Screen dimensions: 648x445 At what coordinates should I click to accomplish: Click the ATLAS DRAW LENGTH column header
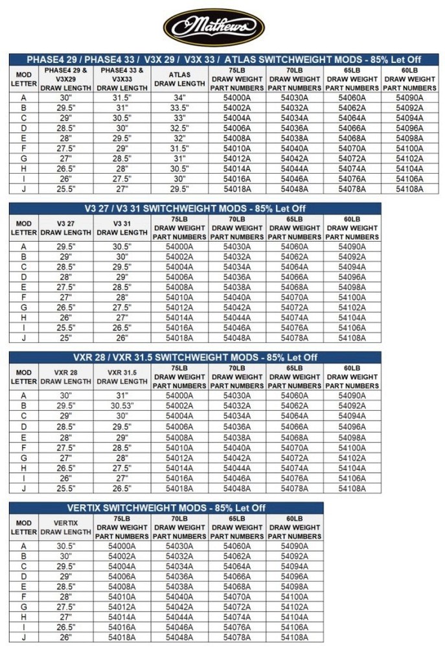tap(179, 79)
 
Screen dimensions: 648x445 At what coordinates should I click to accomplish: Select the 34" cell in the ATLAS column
tap(179, 98)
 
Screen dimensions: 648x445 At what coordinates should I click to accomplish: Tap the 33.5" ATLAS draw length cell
tap(179, 108)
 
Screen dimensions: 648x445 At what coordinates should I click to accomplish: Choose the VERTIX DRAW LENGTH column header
tap(65, 527)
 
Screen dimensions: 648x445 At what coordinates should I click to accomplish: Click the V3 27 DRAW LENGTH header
tap(65, 228)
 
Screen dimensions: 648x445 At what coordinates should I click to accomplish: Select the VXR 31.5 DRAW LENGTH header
tap(122, 377)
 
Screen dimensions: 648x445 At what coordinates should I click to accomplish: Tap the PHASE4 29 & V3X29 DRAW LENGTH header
tap(65, 79)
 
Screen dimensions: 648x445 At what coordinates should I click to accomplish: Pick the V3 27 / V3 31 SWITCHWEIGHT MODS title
tap(194, 209)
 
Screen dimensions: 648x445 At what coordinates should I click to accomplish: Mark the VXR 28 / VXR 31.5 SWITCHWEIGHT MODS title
tap(194, 357)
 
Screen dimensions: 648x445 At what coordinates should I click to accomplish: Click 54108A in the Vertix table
tap(295, 638)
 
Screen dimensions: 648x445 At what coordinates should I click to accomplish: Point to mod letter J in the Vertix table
tap(24, 638)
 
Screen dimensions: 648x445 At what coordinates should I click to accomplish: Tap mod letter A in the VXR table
tap(24, 395)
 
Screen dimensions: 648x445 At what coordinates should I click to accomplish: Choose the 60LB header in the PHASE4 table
tap(409, 79)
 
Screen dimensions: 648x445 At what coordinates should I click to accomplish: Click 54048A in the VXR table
tap(237, 488)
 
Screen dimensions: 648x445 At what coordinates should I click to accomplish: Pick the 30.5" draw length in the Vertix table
tap(65, 546)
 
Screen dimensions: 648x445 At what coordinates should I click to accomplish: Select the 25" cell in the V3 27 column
tap(65, 338)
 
